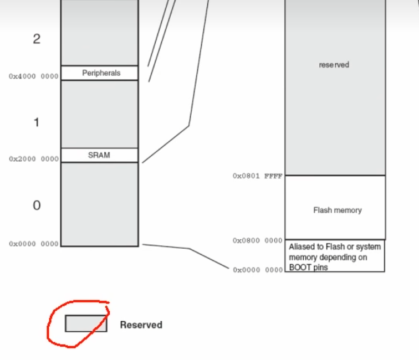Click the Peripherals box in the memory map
(x=101, y=73)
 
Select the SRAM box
(x=99, y=155)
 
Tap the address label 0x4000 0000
(x=34, y=76)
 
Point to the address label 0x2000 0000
(x=34, y=159)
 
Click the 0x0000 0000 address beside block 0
(x=34, y=244)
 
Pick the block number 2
(x=37, y=39)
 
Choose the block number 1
(x=37, y=122)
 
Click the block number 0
(x=37, y=205)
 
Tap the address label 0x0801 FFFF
(x=258, y=176)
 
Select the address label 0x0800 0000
(x=258, y=240)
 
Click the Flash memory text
(x=338, y=210)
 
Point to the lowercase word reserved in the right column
(x=334, y=65)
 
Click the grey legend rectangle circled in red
(x=86, y=323)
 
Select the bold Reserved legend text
(x=141, y=325)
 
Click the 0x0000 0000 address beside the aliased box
(x=258, y=270)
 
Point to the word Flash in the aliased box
(x=331, y=248)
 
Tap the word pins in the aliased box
(x=320, y=267)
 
